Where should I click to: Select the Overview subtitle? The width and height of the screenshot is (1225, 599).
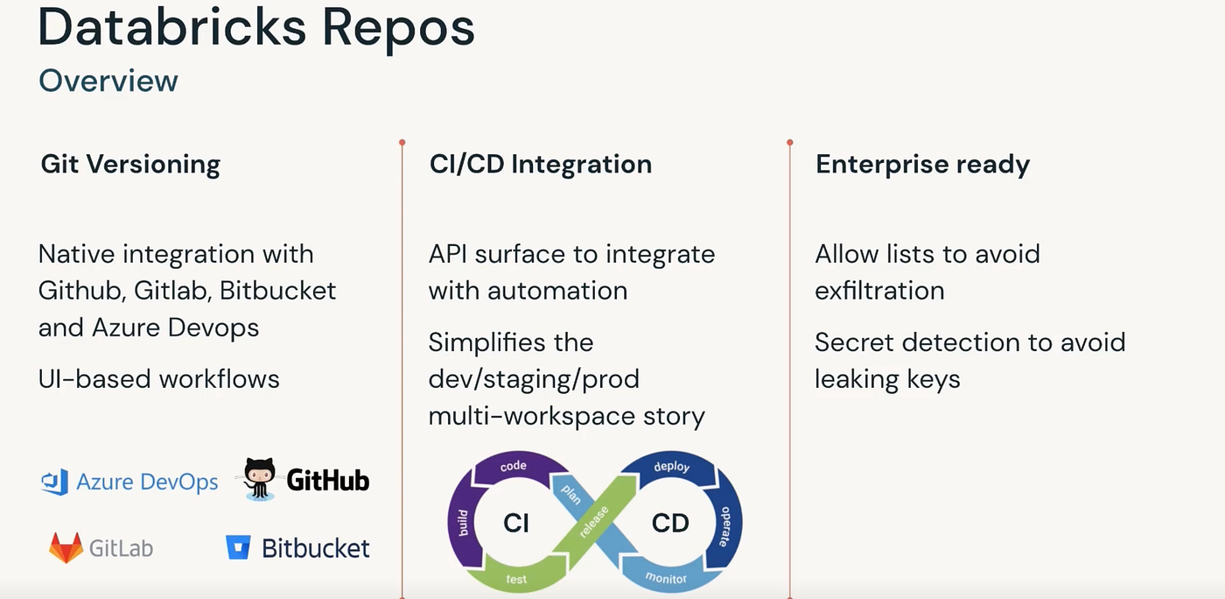pyautogui.click(x=108, y=81)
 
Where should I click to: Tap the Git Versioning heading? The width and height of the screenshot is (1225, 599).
pyautogui.click(x=130, y=164)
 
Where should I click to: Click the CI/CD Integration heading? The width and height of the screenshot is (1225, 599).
pyautogui.click(x=540, y=164)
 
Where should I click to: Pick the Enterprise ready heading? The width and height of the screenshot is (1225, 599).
pyautogui.click(x=922, y=164)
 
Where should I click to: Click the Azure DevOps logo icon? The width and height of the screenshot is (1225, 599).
pyautogui.click(x=55, y=482)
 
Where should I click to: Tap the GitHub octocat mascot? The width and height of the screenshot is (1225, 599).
pyautogui.click(x=259, y=478)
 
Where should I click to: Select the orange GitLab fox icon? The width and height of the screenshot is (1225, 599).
pyautogui.click(x=66, y=548)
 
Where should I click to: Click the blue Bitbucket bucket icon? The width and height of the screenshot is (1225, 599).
pyautogui.click(x=238, y=548)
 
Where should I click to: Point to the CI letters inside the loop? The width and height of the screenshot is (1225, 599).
pyautogui.click(x=516, y=523)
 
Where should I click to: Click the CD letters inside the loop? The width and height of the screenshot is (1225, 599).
pyautogui.click(x=670, y=523)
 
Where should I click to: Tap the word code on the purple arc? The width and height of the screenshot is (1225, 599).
pyautogui.click(x=513, y=466)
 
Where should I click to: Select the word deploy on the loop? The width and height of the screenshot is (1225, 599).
pyautogui.click(x=673, y=467)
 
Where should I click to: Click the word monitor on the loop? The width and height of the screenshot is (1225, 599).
pyautogui.click(x=666, y=578)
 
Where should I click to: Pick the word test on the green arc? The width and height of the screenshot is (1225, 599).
pyautogui.click(x=516, y=579)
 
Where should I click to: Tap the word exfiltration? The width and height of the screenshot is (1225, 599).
pyautogui.click(x=879, y=291)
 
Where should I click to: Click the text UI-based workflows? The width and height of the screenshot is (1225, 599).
pyautogui.click(x=159, y=379)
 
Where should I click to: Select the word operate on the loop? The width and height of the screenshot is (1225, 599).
pyautogui.click(x=724, y=525)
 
